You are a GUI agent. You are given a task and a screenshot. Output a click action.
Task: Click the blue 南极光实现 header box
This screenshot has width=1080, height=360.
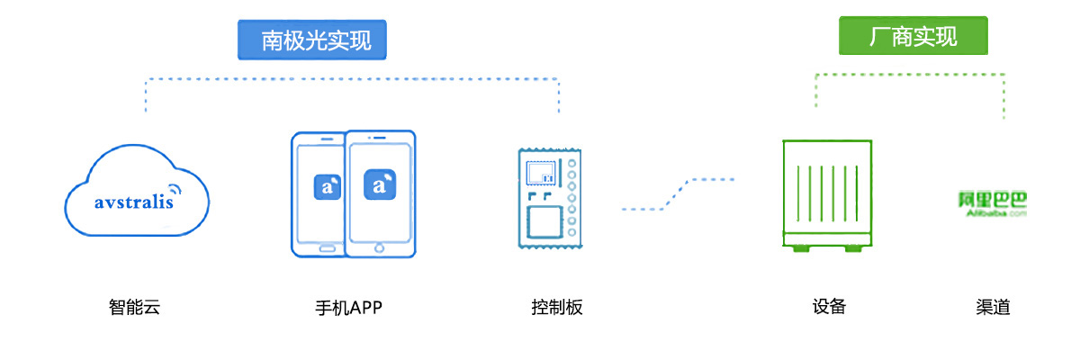point(316,40)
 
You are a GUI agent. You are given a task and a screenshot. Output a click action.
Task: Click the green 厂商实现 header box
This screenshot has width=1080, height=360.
point(913,37)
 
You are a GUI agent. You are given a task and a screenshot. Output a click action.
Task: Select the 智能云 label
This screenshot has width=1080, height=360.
point(134,308)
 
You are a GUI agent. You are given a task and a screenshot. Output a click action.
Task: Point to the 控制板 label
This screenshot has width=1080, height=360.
point(557,308)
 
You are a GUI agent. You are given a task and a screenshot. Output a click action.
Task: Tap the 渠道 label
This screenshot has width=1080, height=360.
point(993,307)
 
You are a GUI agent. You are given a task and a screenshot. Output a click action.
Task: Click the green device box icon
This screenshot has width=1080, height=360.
point(827,193)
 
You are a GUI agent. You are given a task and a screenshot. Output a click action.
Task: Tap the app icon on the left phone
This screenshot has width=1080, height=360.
point(327,186)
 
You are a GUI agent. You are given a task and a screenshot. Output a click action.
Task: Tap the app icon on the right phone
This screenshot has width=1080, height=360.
point(379,184)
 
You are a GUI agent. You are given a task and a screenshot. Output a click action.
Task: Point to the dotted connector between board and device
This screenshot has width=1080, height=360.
point(678,193)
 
